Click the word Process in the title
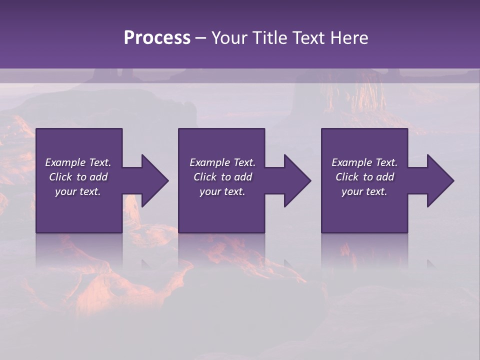tap(157, 38)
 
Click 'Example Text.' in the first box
tap(78, 162)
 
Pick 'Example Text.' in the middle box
tap(222, 162)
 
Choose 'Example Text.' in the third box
tap(364, 162)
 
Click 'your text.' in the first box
tap(78, 191)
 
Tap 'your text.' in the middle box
tap(222, 191)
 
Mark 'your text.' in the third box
tap(364, 191)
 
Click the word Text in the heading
tap(309, 38)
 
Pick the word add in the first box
tap(98, 177)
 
